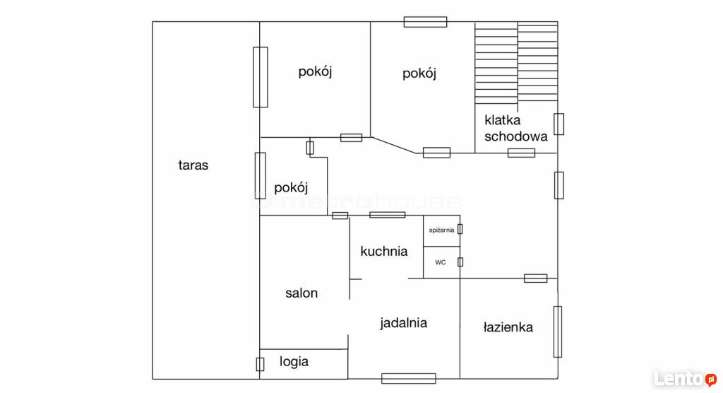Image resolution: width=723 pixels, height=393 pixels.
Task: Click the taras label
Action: [193, 165]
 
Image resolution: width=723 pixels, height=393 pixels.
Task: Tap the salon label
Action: [301, 293]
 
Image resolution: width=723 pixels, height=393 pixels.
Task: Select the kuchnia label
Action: [384, 251]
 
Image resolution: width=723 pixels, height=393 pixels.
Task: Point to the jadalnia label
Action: [403, 323]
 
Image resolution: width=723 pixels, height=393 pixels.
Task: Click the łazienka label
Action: [508, 327]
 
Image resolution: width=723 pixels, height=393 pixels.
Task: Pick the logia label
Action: [294, 362]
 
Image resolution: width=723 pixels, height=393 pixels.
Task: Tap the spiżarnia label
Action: [441, 230]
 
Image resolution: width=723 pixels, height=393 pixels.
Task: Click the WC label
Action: [441, 262]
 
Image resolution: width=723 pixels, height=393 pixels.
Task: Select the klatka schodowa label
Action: [516, 129]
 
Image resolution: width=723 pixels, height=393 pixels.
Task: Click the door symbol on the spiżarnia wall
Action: [460, 229]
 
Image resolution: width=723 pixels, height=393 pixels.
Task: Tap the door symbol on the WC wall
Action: [460, 262]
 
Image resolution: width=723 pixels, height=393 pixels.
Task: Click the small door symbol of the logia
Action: [260, 364]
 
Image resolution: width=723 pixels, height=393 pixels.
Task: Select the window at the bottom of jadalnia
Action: [409, 379]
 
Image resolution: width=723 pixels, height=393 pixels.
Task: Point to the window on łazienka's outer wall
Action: [558, 332]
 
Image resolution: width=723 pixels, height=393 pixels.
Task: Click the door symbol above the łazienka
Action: [536, 278]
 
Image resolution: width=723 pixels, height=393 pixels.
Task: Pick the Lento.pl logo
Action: [685, 379]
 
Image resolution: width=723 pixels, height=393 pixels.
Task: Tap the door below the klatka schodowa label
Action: [522, 153]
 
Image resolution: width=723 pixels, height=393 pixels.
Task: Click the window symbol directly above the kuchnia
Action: [388, 215]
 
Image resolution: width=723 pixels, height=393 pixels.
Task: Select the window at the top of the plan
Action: [425, 22]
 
